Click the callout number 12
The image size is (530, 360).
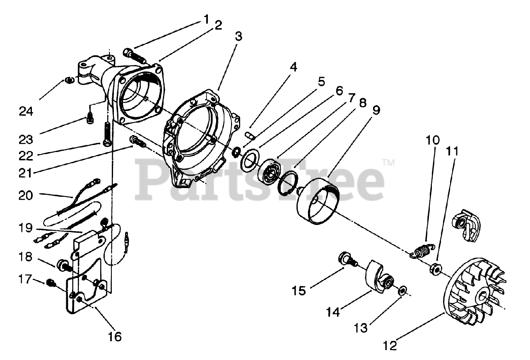390,344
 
